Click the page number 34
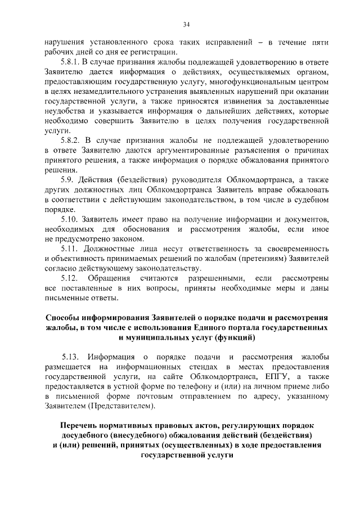[186, 24]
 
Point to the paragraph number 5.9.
[68, 179]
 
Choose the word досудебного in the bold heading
[88, 435]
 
